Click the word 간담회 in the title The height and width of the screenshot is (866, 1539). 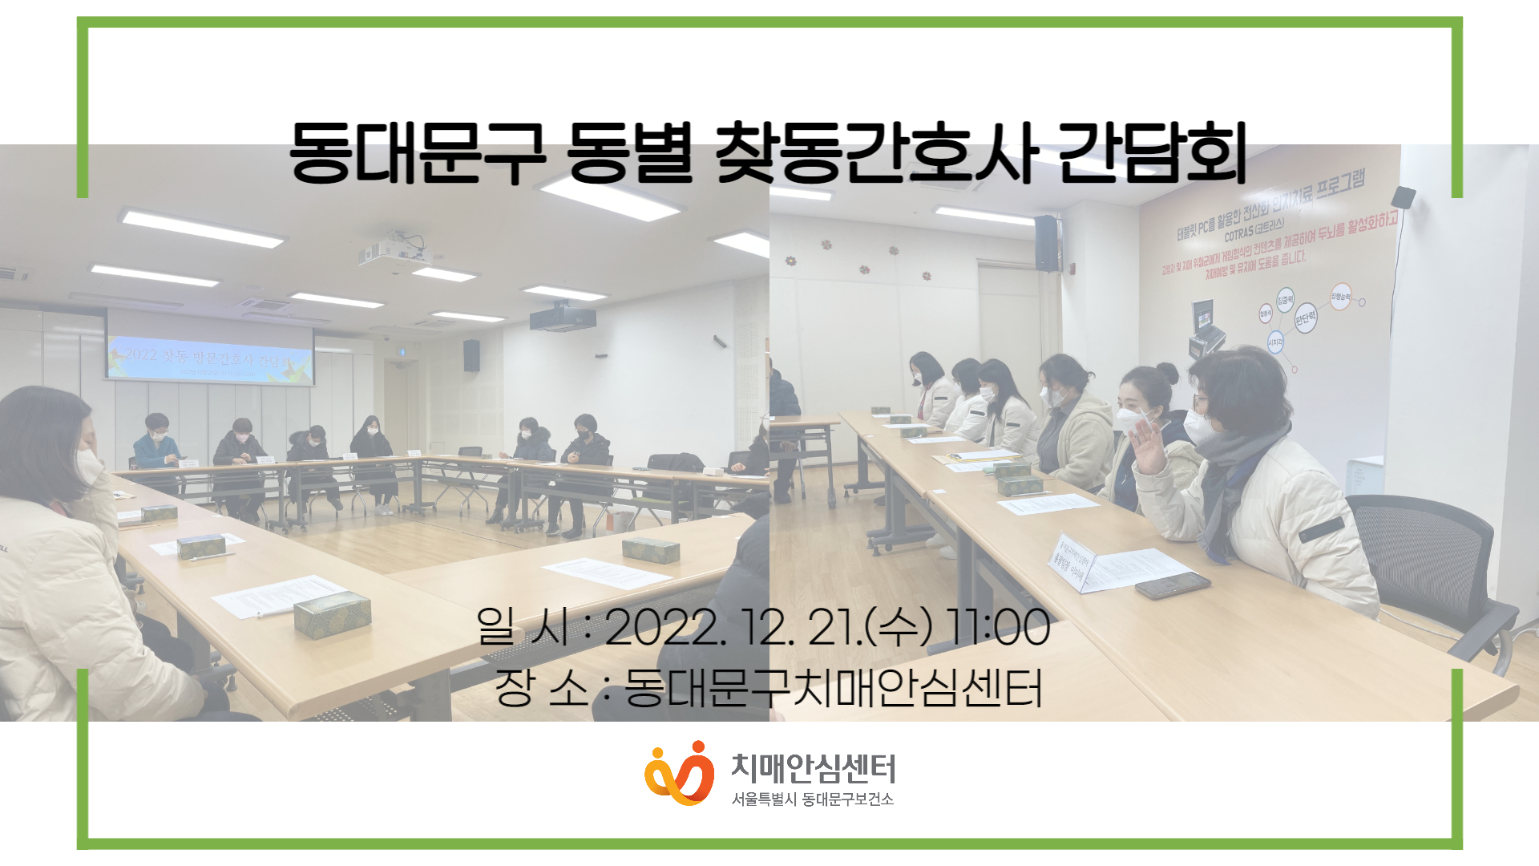tap(1151, 153)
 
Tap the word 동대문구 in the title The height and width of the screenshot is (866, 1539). tap(418, 153)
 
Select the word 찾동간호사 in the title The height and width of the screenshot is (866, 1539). tap(875, 153)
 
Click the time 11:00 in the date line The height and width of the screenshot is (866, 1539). tap(998, 627)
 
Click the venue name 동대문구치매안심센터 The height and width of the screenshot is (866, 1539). tap(834, 688)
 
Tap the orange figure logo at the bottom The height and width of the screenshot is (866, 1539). tap(680, 773)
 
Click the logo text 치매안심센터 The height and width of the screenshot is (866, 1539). tap(813, 768)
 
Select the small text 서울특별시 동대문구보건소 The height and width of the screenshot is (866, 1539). tap(812, 799)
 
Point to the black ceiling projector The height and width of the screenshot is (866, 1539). tap(563, 318)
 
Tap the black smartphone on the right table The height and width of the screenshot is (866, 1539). tap(1172, 585)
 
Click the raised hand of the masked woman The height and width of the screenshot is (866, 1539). tap(1149, 448)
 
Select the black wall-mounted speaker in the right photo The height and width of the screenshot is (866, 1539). tap(1046, 242)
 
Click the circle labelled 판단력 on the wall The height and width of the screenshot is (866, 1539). tap(1305, 318)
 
